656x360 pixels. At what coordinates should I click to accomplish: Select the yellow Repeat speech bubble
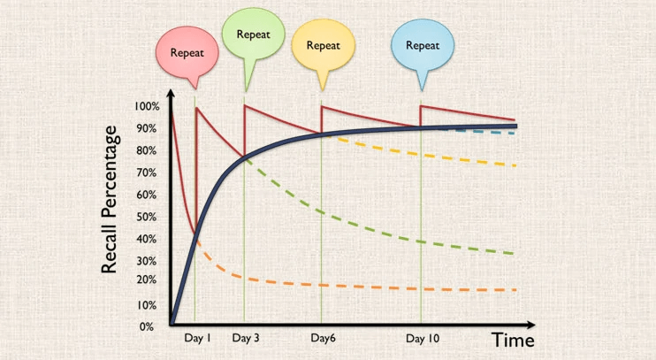click(323, 44)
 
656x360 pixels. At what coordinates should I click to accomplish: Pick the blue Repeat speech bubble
click(423, 44)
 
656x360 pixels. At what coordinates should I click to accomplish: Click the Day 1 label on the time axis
click(197, 338)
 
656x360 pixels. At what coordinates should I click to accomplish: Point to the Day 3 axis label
click(246, 338)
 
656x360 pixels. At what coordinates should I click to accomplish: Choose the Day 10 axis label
click(423, 338)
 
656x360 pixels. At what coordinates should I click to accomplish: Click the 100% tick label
click(147, 106)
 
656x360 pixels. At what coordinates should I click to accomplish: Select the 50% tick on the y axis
click(147, 217)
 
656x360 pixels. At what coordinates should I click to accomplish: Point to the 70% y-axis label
click(147, 172)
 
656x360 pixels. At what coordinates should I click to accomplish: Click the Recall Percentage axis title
click(111, 199)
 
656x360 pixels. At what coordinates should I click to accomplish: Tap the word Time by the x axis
click(513, 340)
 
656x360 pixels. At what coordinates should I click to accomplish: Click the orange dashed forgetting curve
click(354, 286)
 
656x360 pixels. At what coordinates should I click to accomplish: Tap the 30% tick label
click(147, 261)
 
